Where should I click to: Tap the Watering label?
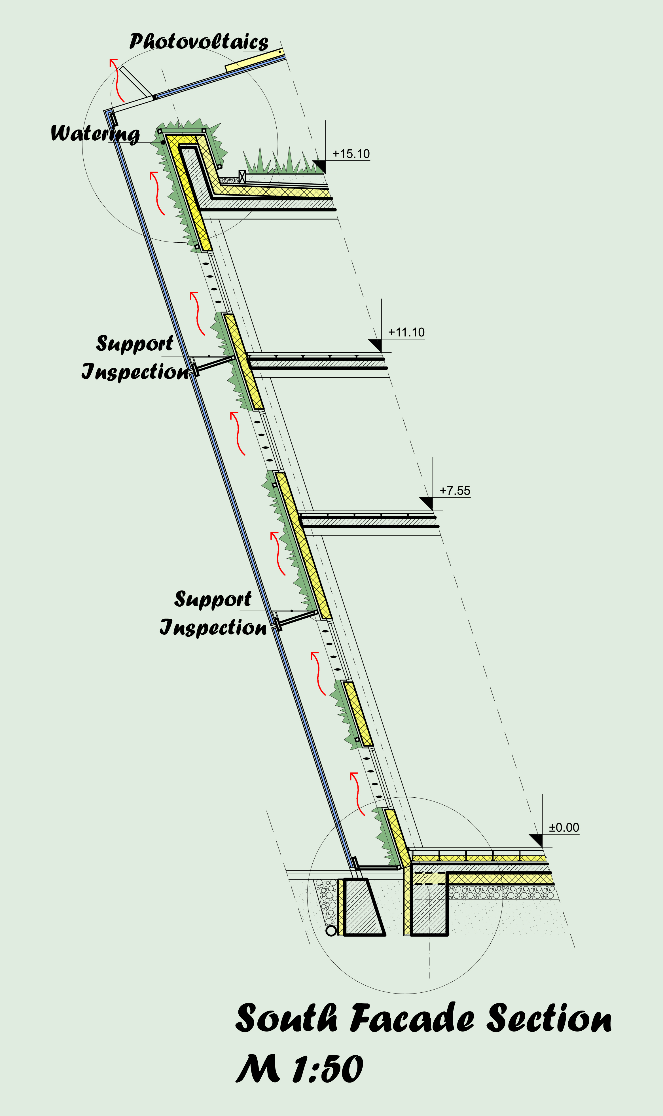click(95, 134)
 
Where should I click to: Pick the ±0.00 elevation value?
click(564, 827)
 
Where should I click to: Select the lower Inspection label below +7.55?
click(213, 627)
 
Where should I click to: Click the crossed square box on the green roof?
click(242, 177)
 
